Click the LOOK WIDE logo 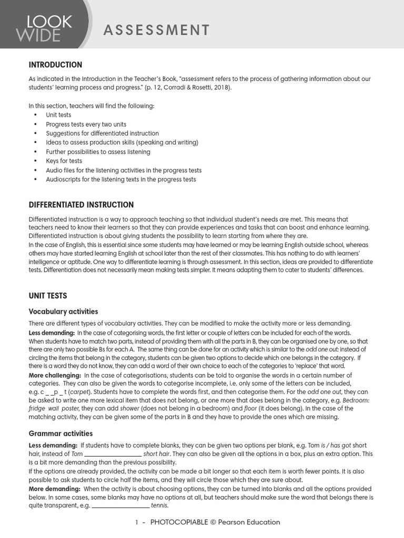(x=44, y=28)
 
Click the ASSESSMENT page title (x=157, y=30)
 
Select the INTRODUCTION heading (x=55, y=65)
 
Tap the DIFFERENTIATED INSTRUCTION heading (x=81, y=204)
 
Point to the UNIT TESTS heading (x=48, y=296)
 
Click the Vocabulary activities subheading (x=63, y=312)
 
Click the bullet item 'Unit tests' (x=58, y=115)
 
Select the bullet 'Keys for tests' (x=64, y=161)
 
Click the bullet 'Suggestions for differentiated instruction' (x=102, y=133)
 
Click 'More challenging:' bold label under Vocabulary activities (x=55, y=375)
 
